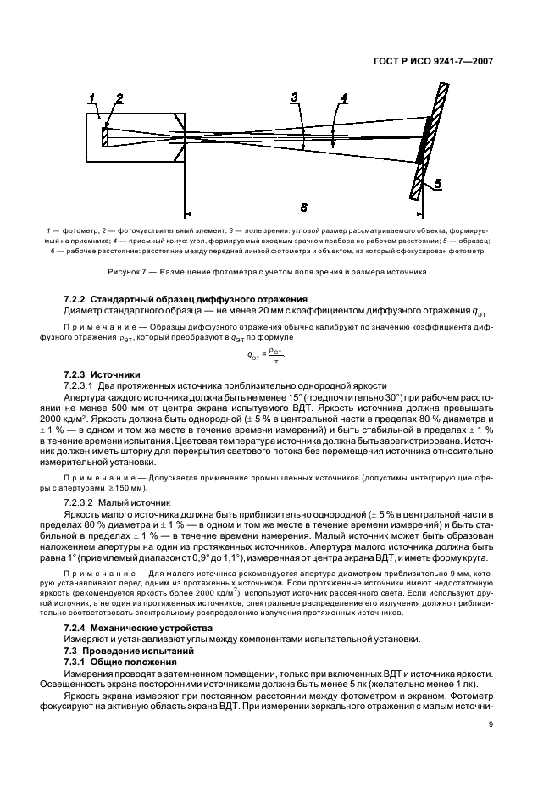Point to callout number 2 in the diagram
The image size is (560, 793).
(119, 99)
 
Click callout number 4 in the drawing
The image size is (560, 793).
(343, 99)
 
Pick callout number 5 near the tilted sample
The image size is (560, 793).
(437, 183)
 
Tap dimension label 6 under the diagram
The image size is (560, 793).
(303, 207)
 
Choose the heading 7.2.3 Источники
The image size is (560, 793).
(102, 374)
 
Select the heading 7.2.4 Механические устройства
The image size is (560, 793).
(131, 626)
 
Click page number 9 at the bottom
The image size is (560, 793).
(491, 724)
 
